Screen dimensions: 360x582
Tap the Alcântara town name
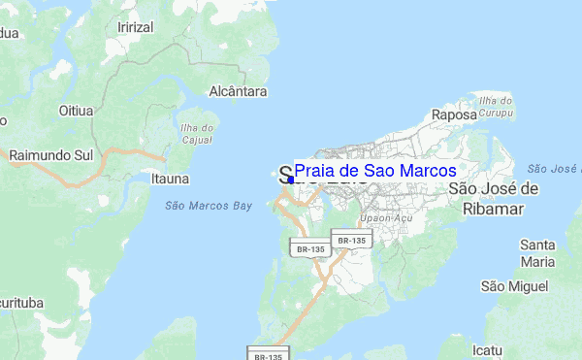[x=238, y=91]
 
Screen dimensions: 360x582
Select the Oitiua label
[x=76, y=110]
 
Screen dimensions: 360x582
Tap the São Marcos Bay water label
[x=208, y=206]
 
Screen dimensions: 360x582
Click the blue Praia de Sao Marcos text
[x=374, y=171]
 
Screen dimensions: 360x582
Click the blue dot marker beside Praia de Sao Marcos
[x=290, y=180]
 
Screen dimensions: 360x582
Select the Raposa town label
[x=455, y=115]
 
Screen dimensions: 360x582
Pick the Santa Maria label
[x=537, y=252]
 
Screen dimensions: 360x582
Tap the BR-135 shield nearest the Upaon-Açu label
[x=350, y=240]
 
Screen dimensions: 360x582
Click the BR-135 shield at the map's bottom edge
[x=268, y=354]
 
